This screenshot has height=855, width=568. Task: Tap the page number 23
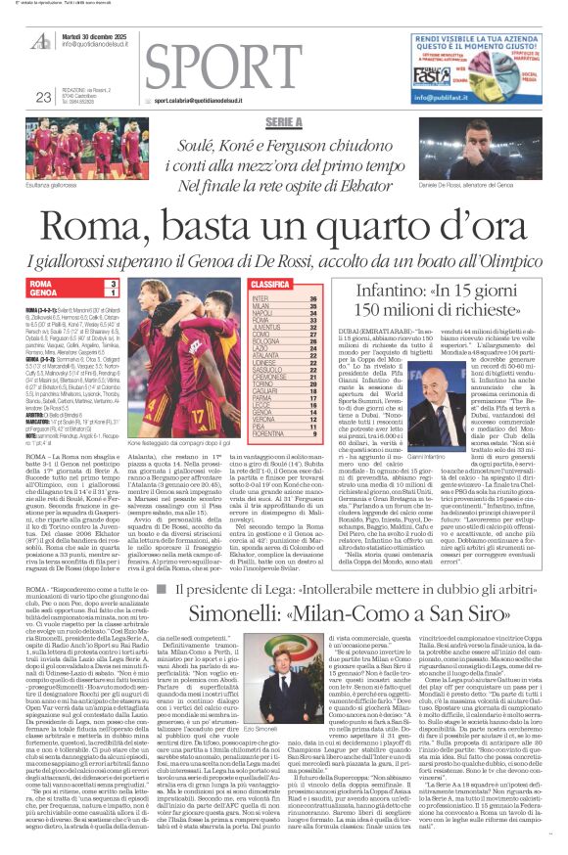[x=43, y=96]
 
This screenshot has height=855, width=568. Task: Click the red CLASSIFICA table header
[x=271, y=284]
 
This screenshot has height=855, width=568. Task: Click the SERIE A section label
[x=284, y=121]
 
